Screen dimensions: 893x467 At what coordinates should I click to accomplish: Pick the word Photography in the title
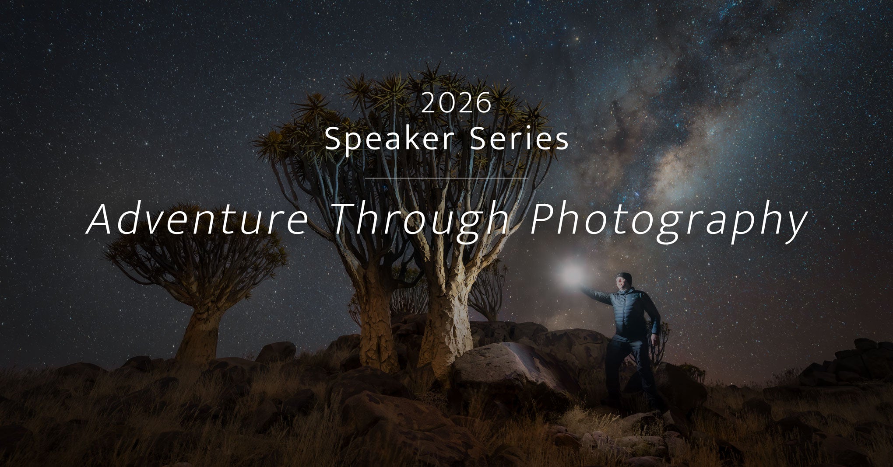coord(668,221)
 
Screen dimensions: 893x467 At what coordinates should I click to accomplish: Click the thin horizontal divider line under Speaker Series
coord(446,178)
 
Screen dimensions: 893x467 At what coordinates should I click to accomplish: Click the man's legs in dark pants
coord(628,367)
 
